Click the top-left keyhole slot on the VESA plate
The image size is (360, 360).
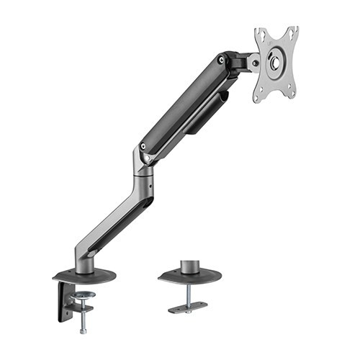click(x=261, y=34)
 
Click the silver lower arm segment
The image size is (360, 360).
click(x=115, y=216)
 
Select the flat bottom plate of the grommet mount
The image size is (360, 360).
click(x=189, y=307)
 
